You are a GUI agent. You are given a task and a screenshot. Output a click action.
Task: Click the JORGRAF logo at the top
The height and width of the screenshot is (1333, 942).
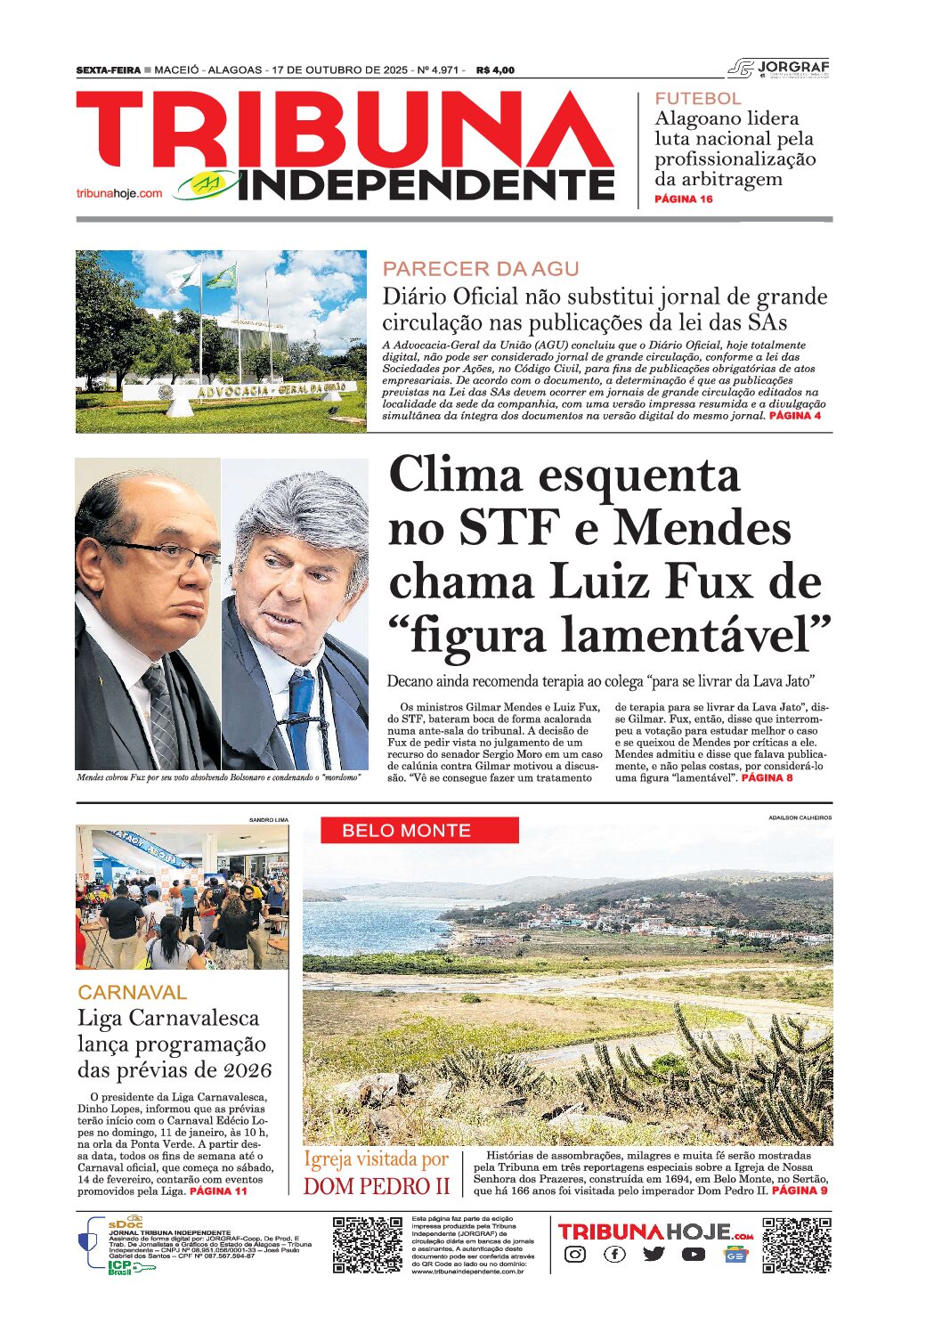779,68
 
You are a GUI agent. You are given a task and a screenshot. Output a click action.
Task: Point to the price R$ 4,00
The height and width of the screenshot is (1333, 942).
496,70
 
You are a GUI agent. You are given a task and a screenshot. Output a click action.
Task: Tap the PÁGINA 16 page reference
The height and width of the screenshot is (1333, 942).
684,199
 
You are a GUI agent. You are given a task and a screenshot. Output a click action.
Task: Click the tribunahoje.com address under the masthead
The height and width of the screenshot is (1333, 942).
119,193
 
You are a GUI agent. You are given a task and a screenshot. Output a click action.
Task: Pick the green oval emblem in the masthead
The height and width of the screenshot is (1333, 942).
207,184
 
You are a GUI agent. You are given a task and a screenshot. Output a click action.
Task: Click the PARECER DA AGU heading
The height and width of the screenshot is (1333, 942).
481,269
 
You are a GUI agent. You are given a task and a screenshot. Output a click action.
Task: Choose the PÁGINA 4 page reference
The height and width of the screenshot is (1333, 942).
795,416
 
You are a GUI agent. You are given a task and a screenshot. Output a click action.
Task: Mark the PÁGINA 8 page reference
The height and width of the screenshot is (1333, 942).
767,778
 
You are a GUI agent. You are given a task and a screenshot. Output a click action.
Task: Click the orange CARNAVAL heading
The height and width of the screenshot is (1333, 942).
133,993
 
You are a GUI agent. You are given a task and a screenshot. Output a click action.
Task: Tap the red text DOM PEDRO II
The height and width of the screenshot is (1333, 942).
377,1187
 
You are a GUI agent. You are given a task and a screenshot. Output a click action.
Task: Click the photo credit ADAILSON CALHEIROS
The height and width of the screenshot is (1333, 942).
800,817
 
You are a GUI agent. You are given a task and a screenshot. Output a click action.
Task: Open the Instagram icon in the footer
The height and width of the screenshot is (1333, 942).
575,1255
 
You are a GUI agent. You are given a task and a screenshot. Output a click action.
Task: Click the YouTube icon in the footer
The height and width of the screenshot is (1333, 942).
694,1255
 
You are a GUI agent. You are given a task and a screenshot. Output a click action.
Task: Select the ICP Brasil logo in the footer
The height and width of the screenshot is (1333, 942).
120,1267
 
